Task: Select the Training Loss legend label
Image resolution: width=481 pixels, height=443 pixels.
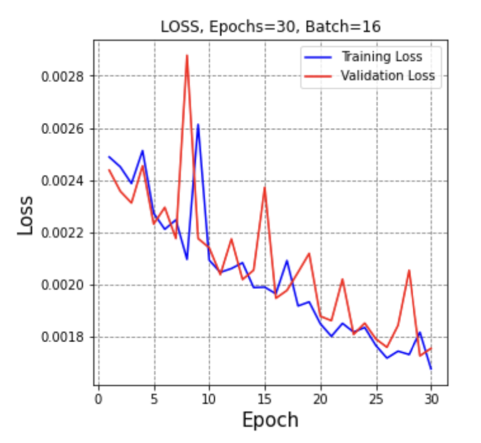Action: (381, 56)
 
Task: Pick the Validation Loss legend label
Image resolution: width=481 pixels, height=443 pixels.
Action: (387, 76)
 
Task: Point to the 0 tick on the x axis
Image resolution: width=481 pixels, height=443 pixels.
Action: (98, 399)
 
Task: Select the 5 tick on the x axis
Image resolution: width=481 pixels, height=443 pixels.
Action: (154, 399)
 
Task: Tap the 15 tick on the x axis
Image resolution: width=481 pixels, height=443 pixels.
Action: (265, 399)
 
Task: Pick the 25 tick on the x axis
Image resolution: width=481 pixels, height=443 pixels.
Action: (377, 399)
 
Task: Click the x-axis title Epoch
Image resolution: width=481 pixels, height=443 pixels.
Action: (270, 420)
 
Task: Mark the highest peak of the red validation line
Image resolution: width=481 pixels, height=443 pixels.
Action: (187, 56)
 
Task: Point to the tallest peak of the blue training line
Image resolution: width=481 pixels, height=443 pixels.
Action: (198, 125)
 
